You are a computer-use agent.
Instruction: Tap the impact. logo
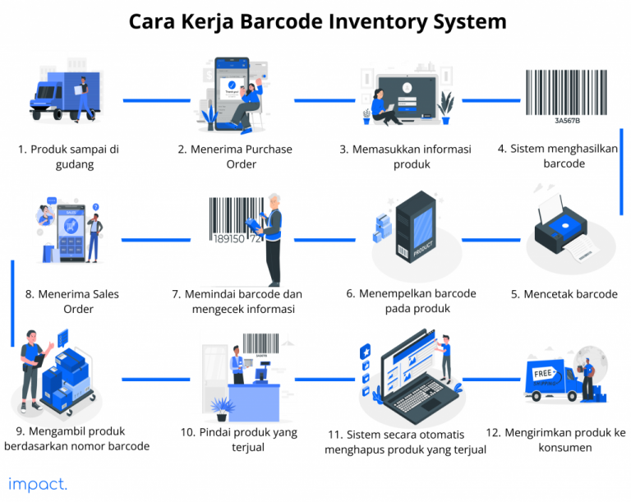coord(38,484)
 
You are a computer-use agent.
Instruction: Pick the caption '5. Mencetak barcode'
coord(564,294)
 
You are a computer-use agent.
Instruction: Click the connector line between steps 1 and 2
coord(145,100)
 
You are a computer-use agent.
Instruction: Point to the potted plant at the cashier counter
coord(220,407)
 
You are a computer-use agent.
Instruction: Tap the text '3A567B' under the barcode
coord(567,120)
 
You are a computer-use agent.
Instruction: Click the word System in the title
coord(466,21)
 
